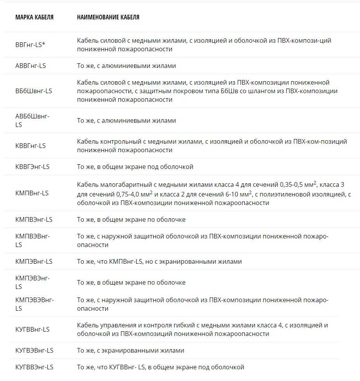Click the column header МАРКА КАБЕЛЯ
pos(35,17)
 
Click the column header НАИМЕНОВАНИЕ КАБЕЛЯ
pos(108,17)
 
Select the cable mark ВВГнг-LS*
pos(30,45)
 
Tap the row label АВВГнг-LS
pos(31,66)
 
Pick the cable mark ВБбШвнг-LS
pos(34,91)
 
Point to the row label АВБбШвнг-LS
pos(33,120)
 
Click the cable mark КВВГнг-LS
pos(31,146)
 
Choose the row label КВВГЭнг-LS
pos(33,167)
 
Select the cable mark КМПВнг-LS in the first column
pos(32,193)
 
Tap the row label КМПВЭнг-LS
pos(34,219)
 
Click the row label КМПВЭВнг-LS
pos(33,240)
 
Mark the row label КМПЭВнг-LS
pos(34,261)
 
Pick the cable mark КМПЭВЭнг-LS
pos(33,282)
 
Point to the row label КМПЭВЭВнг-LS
pos(35,304)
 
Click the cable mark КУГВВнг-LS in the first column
pos(33,329)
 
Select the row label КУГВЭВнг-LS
pos(35,350)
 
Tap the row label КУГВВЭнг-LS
pos(35,367)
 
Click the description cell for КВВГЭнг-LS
pos(135,167)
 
